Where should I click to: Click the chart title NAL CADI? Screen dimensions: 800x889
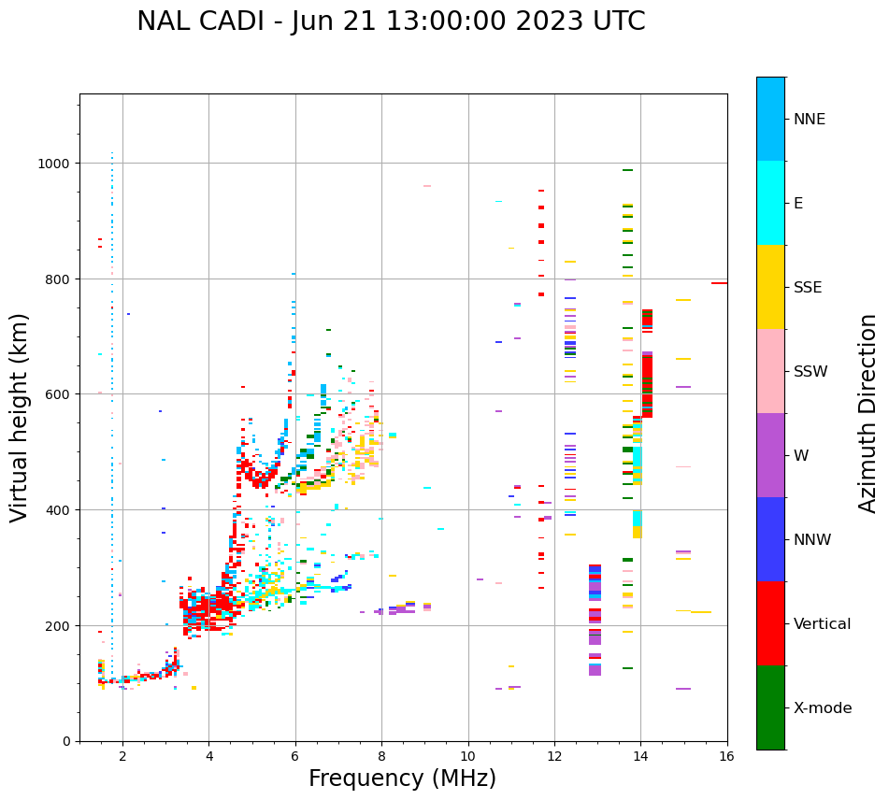[x=391, y=21]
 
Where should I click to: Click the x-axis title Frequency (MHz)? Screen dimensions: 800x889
[x=402, y=779]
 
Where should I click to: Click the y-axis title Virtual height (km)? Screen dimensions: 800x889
[x=20, y=418]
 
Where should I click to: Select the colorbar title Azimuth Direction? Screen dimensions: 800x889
[x=868, y=413]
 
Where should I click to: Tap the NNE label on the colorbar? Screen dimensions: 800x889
[x=810, y=119]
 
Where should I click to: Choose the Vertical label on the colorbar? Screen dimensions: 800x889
[x=823, y=623]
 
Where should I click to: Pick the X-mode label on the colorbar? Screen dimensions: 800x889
[x=823, y=707]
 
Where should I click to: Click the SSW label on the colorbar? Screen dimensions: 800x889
[x=810, y=371]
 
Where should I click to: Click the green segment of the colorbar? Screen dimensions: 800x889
[x=770, y=707]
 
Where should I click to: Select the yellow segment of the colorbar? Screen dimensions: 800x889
[x=770, y=287]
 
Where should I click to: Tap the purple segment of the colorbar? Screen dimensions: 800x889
[x=770, y=455]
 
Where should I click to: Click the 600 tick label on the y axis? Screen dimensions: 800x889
[x=62, y=394]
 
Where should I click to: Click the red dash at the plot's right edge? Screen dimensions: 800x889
[x=719, y=283]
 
